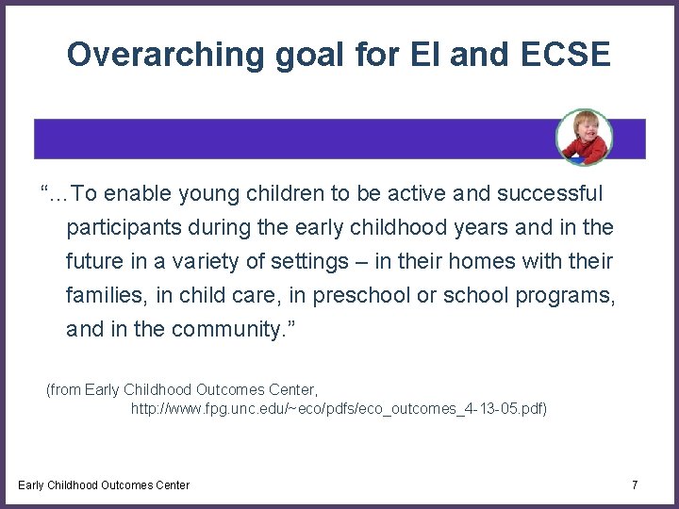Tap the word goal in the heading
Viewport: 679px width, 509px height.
[289, 55]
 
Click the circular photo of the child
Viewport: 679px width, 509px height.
[583, 137]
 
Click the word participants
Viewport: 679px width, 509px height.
[123, 227]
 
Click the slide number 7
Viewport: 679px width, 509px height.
[635, 484]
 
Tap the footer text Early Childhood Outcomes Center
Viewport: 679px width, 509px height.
[104, 484]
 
